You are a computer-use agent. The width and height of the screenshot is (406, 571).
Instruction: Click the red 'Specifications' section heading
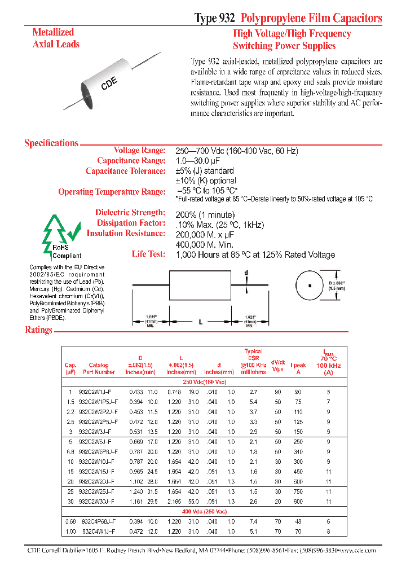51,143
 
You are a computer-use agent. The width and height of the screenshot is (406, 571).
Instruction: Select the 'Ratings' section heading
38,330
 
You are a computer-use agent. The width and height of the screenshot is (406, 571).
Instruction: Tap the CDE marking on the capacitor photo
109,84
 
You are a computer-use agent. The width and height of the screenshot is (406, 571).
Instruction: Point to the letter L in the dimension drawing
200,322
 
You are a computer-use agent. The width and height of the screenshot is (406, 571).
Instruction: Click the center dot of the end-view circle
310,285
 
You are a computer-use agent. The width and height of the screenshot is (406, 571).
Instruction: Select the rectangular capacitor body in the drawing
200,285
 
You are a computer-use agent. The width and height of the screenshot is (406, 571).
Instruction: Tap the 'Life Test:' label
148,254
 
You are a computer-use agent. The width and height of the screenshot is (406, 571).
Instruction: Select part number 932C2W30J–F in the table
99,500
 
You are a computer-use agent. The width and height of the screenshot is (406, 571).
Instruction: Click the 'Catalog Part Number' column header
99,368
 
